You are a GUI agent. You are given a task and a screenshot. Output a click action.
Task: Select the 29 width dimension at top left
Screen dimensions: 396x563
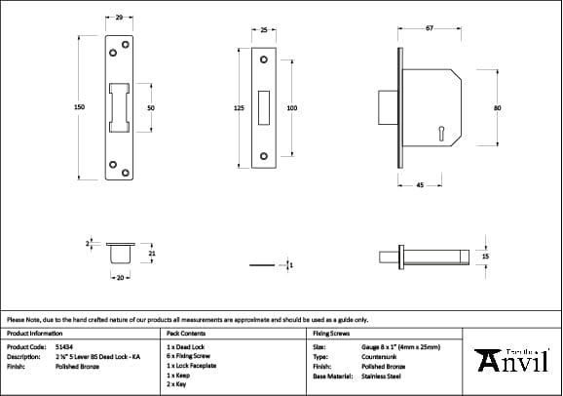(x=119, y=18)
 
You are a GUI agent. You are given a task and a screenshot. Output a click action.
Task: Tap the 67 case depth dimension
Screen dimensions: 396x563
(x=430, y=27)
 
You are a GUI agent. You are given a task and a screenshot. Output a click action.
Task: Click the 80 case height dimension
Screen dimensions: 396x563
(x=497, y=107)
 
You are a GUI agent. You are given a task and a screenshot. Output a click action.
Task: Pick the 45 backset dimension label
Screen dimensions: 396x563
(x=419, y=183)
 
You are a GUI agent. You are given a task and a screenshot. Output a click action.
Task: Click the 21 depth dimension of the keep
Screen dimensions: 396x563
(x=151, y=254)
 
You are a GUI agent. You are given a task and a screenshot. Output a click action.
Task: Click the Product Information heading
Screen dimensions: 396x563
(x=34, y=334)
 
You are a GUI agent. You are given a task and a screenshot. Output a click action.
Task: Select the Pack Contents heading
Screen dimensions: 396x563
(x=185, y=334)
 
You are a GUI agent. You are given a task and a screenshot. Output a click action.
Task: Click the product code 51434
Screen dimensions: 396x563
(x=62, y=346)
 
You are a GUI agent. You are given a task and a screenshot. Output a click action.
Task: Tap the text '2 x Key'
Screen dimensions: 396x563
(x=178, y=384)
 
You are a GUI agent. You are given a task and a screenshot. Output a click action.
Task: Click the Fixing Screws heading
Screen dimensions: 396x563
(x=330, y=334)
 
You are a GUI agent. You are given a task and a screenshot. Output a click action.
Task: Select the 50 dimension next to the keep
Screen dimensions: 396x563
(x=151, y=107)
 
